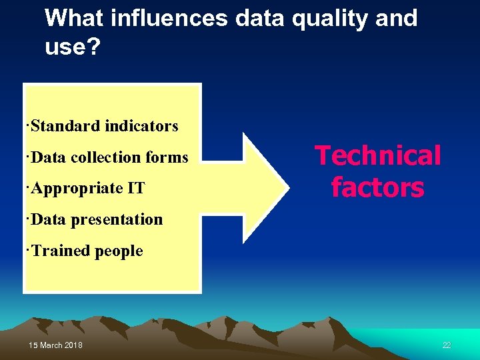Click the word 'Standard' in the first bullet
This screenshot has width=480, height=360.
61,125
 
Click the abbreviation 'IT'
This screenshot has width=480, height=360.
136,189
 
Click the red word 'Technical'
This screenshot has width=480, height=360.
378,156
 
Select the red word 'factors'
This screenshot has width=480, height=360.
378,187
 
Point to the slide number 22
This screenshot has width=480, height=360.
447,345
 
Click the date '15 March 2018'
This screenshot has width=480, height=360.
56,345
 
